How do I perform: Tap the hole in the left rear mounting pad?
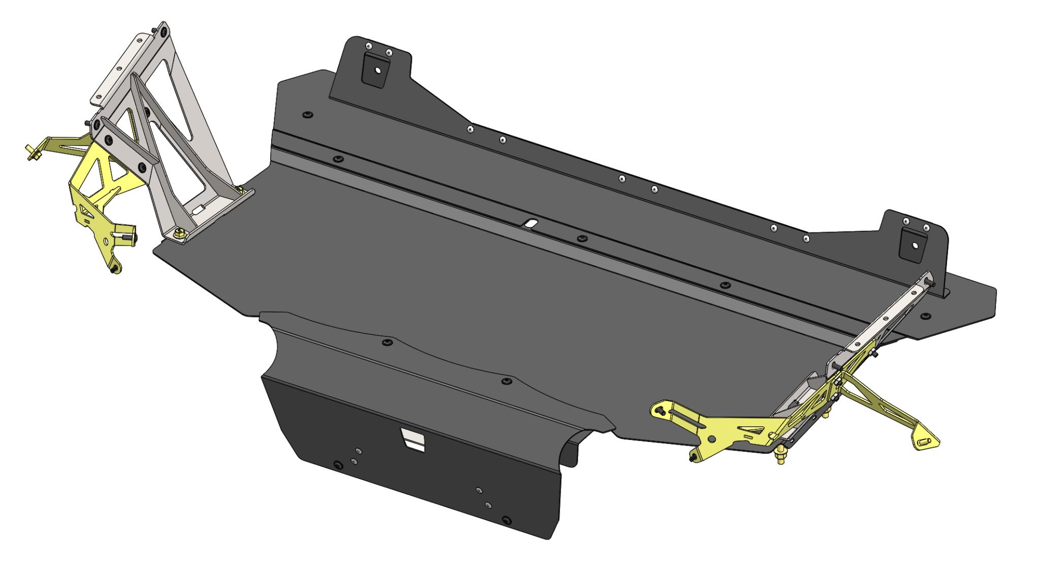click(x=377, y=71)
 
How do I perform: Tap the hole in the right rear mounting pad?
click(x=915, y=246)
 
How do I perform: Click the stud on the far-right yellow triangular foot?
click(x=923, y=444)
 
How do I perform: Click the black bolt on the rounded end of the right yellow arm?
click(x=659, y=410)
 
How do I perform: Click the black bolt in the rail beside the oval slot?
click(x=582, y=238)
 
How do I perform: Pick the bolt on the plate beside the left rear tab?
click(x=307, y=115)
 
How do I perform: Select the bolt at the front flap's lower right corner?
click(x=506, y=520)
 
